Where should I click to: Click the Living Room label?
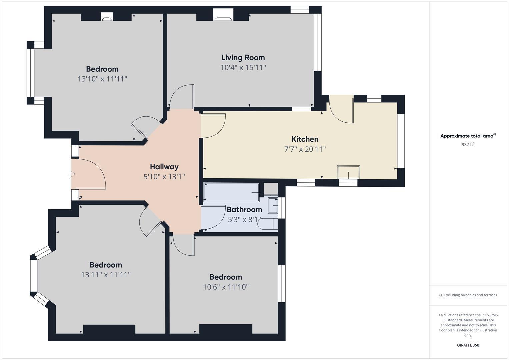tap(243, 58)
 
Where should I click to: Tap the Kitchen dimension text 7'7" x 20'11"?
tap(305, 149)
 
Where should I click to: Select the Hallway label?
tap(164, 167)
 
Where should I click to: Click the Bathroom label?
tap(244, 210)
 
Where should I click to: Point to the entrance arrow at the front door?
tap(72, 174)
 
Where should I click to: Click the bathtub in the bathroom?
tap(231, 193)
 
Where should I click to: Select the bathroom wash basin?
tap(273, 206)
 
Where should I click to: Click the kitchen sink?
tap(348, 172)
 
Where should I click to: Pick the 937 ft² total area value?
tap(468, 145)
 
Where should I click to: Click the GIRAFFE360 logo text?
tap(468, 345)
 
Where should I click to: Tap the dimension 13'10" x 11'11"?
tap(102, 79)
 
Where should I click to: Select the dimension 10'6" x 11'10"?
tap(226, 287)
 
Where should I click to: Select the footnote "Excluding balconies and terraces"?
tap(468, 295)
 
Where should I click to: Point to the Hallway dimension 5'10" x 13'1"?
tap(164, 177)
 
